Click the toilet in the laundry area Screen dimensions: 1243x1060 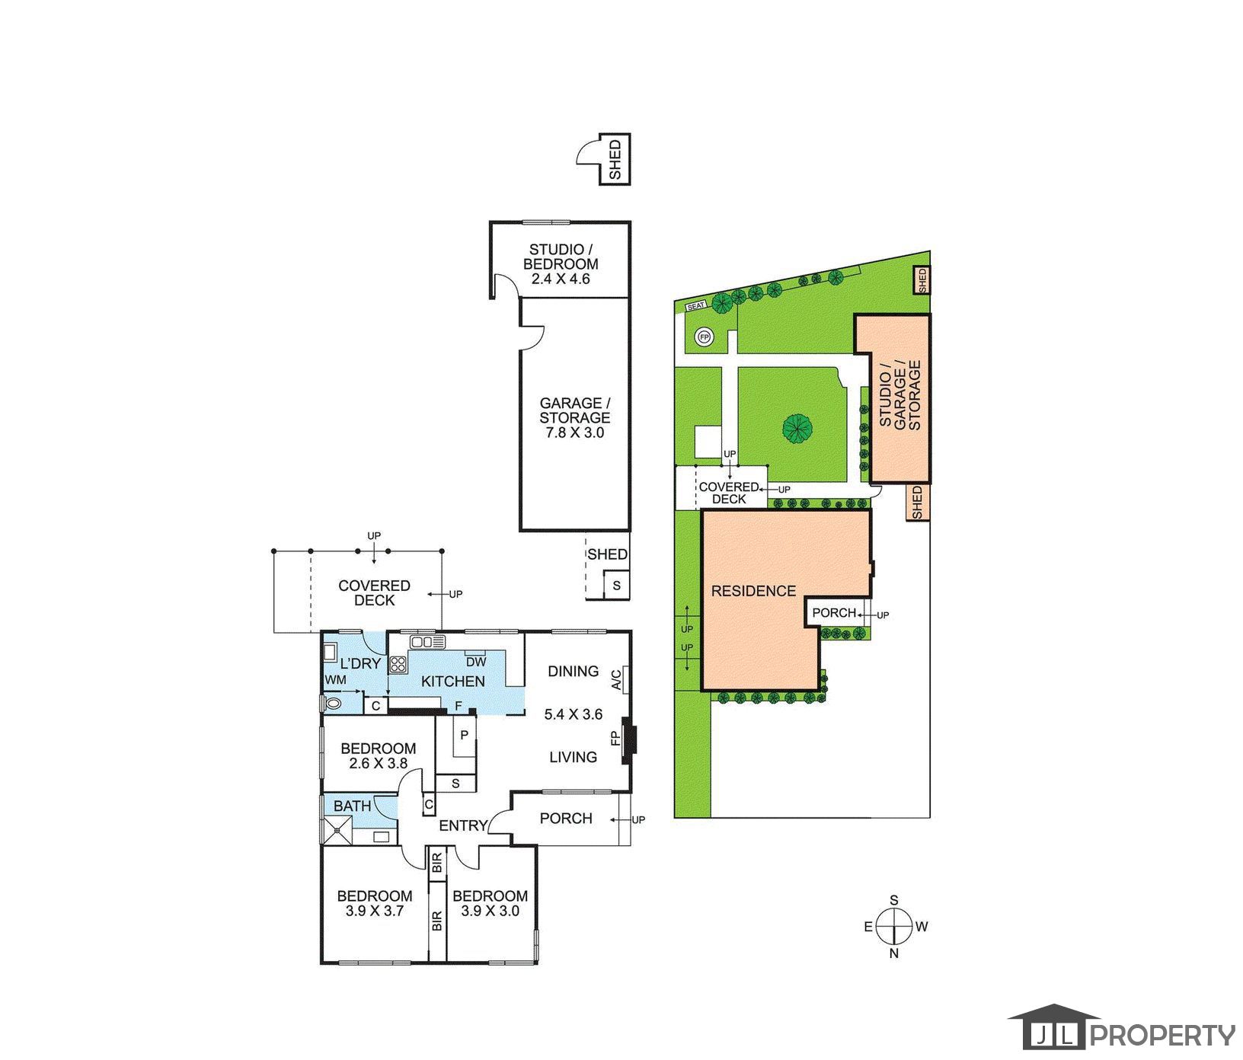click(332, 702)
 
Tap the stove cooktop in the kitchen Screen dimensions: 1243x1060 click(398, 663)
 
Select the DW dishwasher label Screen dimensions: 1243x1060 click(476, 662)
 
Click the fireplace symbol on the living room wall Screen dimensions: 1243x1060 click(629, 740)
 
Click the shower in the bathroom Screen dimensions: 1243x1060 click(337, 829)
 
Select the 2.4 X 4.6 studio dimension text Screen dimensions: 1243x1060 click(561, 279)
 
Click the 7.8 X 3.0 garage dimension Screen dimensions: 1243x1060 click(574, 433)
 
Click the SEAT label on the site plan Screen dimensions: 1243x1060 click(697, 305)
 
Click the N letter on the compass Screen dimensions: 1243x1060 click(894, 953)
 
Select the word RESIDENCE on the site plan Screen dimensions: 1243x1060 click(753, 591)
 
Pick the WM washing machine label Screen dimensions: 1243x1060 click(336, 679)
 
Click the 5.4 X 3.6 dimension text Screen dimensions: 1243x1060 click(574, 714)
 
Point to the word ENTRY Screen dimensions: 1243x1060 click(463, 825)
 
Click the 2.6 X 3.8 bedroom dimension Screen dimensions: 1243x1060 click(378, 764)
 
